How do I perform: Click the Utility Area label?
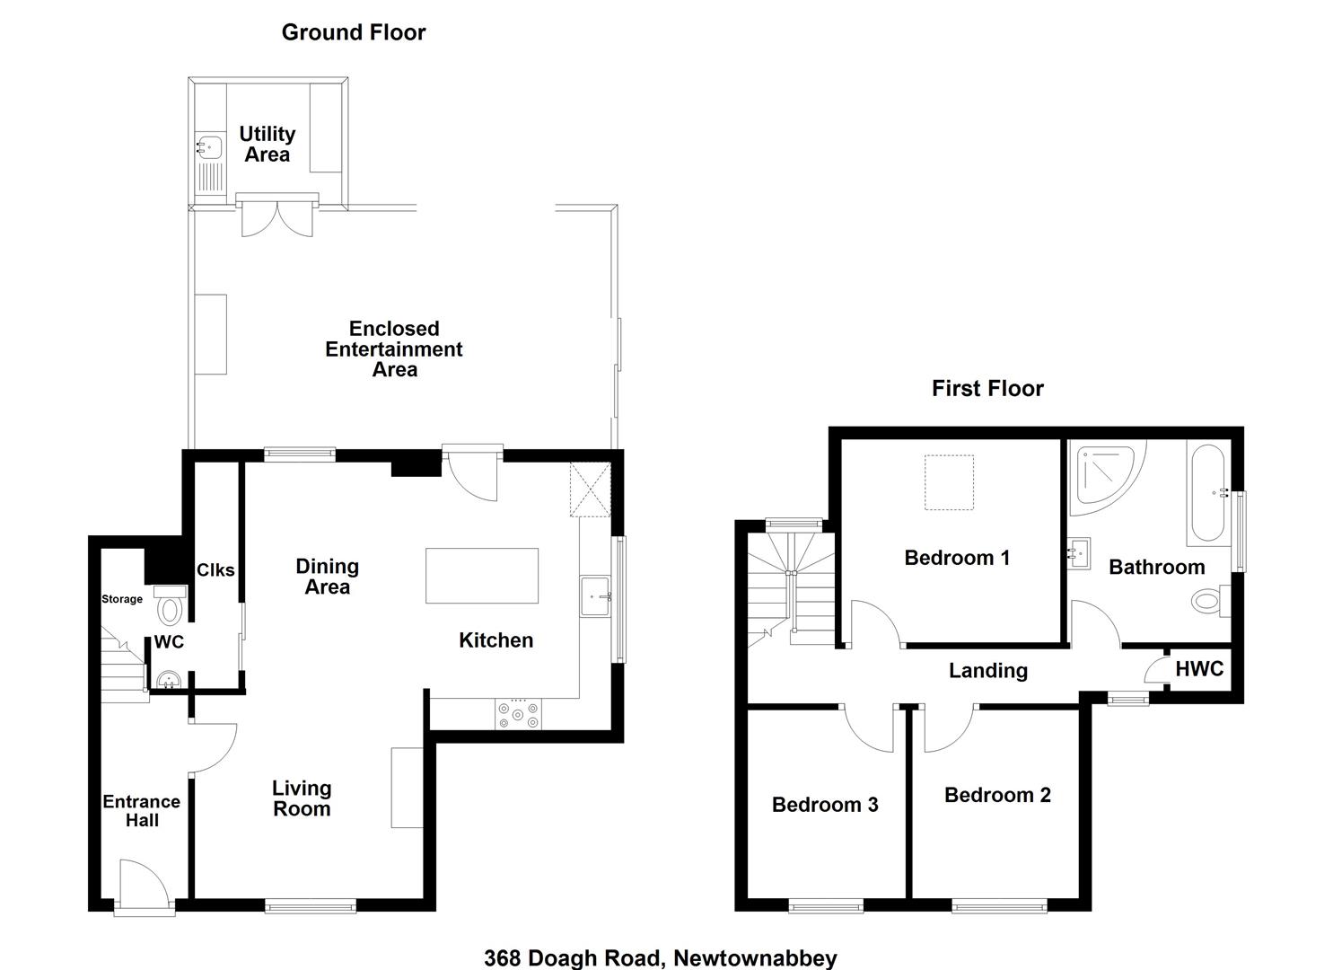coord(267,144)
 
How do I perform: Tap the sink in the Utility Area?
coord(209,147)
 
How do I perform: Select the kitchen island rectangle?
coord(482,576)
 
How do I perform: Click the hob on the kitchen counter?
coord(518,714)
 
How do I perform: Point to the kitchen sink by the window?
coord(595,596)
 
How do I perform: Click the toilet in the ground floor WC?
coord(171,604)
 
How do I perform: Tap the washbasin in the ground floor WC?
coord(170,680)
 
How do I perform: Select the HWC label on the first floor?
coord(1199,669)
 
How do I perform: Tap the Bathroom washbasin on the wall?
coord(1080,553)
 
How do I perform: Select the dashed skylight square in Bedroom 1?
coord(949,482)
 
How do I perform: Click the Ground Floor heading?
coord(354,32)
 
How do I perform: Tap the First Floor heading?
coord(987,388)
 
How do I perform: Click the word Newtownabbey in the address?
coord(755,958)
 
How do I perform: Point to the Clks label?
coord(215,569)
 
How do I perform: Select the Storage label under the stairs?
coord(122,599)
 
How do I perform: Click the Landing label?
coord(987,671)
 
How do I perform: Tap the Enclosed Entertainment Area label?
coord(394,349)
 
